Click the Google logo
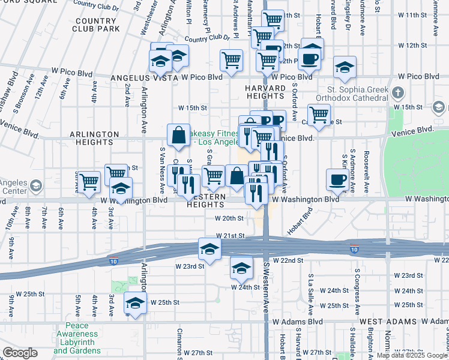tap(19, 353)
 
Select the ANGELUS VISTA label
tap(144, 77)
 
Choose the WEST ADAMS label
tap(384, 322)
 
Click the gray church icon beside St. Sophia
tap(398, 93)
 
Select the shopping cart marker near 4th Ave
tap(89, 181)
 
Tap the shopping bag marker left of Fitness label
tap(179, 135)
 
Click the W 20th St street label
tap(229, 219)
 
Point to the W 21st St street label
tap(231, 236)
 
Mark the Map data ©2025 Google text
tap(412, 355)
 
